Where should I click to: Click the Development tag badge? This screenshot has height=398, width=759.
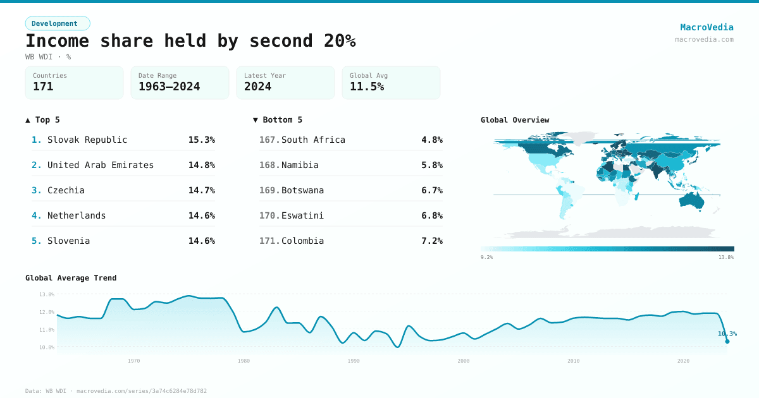click(x=58, y=23)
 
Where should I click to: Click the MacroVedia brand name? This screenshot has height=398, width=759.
click(x=707, y=27)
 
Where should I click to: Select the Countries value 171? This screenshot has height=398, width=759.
click(x=43, y=87)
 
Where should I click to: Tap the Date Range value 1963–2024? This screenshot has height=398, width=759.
click(x=169, y=87)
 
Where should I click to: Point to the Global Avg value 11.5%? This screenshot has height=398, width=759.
click(x=367, y=87)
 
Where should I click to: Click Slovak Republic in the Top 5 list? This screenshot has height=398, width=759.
click(x=87, y=140)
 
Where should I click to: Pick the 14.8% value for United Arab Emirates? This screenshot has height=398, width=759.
click(x=201, y=165)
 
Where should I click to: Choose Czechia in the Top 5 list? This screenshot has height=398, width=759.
click(x=66, y=190)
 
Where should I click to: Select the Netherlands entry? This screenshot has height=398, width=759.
click(x=77, y=215)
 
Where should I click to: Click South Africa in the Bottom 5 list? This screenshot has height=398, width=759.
click(x=313, y=140)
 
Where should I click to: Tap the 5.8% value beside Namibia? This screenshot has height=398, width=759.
click(x=431, y=165)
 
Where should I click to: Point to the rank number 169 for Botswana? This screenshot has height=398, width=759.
click(x=269, y=190)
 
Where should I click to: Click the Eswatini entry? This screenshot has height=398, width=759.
click(x=302, y=215)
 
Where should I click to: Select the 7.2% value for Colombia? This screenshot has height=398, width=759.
click(x=431, y=241)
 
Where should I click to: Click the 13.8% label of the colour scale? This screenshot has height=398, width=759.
click(x=725, y=257)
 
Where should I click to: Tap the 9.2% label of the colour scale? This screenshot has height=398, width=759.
click(x=487, y=257)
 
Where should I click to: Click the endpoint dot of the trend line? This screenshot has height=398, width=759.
click(x=727, y=341)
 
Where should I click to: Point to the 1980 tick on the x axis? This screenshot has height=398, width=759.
click(x=244, y=361)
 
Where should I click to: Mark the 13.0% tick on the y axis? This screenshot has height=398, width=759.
click(x=47, y=294)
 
